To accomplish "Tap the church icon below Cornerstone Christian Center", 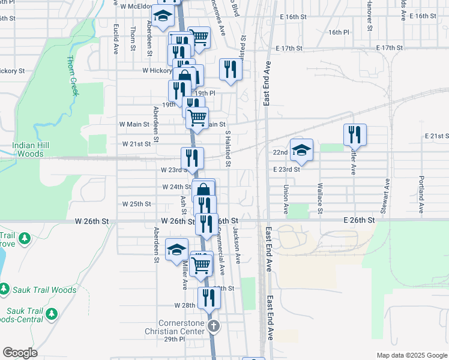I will coord(213,327).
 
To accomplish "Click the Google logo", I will coord(20,353).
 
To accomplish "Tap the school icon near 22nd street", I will coord(301,150).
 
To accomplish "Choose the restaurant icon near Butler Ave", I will coord(355,134).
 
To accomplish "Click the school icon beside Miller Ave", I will coord(176,250).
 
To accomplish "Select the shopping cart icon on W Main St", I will coord(197,118).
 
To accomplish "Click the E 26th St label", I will coord(359,221).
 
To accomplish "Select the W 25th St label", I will coord(136,204).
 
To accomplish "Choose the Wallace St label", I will coord(320,198).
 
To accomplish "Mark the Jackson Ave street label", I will coord(237,246).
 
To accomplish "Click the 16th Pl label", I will coord(339,32).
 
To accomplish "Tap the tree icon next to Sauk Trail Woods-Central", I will coord(52,313).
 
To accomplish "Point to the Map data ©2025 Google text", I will coord(411,355).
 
